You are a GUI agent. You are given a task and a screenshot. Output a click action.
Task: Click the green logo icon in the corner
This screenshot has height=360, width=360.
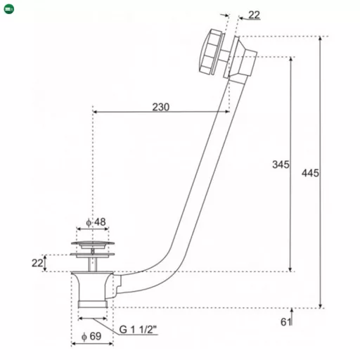9,9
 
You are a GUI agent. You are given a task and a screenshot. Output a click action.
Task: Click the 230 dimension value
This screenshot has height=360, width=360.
161,107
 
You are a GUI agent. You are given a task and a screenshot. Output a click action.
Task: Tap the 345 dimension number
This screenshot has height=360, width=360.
281,165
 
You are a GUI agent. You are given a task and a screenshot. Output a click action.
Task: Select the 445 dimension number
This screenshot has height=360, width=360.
310,173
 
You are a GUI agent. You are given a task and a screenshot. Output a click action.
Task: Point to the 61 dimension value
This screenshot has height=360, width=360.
285,322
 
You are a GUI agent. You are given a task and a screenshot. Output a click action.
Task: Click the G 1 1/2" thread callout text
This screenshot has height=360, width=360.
138,329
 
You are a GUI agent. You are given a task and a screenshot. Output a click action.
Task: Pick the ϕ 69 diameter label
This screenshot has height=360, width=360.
91,336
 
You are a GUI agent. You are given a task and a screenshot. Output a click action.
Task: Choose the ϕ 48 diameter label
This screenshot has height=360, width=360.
96,221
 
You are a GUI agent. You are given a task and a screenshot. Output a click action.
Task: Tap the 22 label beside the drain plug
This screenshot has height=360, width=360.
37,263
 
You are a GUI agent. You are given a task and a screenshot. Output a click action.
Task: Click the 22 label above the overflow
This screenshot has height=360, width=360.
254,15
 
